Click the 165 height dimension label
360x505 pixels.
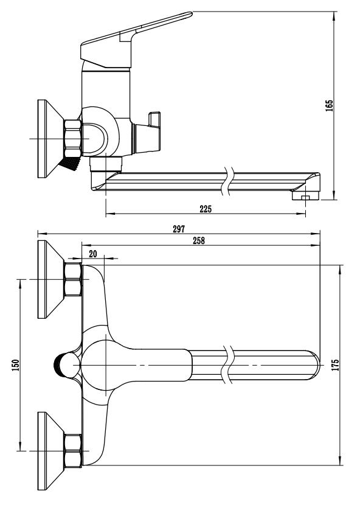point(329,106)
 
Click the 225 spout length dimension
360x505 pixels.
point(206,209)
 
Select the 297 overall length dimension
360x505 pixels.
point(179,229)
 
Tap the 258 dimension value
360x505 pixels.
point(199,240)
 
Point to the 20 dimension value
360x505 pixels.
point(93,254)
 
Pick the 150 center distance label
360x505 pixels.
point(15,365)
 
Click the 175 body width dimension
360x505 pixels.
point(335,365)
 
